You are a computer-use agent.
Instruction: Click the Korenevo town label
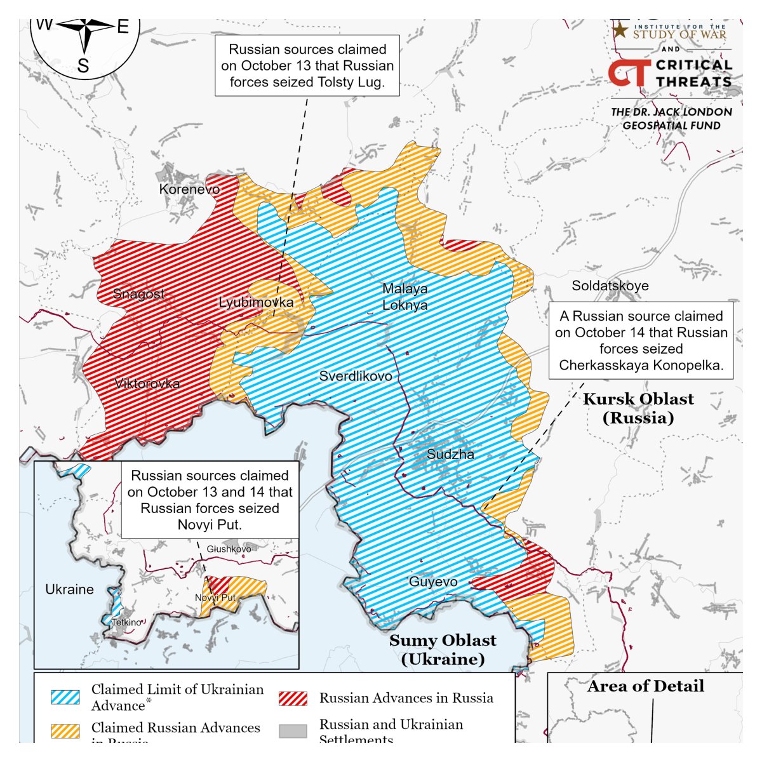coord(189,189)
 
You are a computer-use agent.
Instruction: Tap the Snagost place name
coord(138,294)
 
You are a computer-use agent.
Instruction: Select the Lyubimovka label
coord(256,302)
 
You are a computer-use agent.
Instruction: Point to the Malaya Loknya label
coord(404,297)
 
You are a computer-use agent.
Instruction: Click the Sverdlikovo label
coord(356,376)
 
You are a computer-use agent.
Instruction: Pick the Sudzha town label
coord(450,454)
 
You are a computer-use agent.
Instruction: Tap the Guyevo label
coord(433,582)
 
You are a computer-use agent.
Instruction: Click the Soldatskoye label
coord(610,286)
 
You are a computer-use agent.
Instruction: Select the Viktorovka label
coord(147,384)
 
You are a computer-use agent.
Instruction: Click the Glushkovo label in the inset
coord(229,549)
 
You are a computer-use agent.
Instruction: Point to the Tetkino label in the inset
coord(126,622)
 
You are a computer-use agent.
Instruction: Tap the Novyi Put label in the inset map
coord(215,598)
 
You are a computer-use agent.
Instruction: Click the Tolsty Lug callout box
coord(307,65)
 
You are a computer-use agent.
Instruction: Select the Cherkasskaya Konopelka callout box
coord(641,340)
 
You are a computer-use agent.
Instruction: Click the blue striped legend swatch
coord(65,697)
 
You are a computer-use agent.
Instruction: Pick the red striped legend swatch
coord(293,698)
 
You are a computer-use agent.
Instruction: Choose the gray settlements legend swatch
coord(293,731)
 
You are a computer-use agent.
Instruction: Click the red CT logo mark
coord(629,73)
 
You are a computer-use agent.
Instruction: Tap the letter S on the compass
coord(83,65)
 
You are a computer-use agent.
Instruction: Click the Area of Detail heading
coord(645,686)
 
